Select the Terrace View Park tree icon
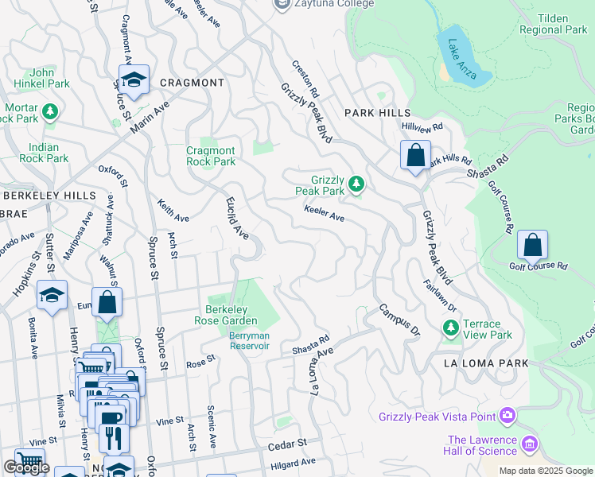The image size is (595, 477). click(451, 328)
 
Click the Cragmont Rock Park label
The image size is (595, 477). click(211, 156)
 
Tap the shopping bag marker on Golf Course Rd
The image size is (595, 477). click(532, 246)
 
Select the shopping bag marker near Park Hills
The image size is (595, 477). click(415, 156)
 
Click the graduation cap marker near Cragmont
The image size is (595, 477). click(134, 80)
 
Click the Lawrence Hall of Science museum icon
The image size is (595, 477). click(531, 443)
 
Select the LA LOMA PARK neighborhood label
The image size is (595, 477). click(480, 363)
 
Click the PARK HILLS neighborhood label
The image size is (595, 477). click(375, 114)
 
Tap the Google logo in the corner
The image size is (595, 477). click(26, 468)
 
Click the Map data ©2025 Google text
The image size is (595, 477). click(546, 471)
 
